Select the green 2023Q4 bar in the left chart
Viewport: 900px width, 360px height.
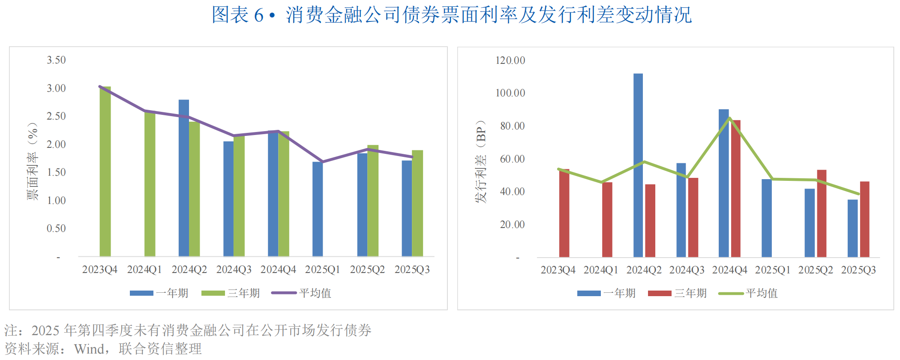point(105,171)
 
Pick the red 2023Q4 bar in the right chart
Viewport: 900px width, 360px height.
point(564,213)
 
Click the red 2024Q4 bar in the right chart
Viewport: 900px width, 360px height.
point(736,189)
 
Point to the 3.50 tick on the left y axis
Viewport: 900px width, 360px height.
point(56,60)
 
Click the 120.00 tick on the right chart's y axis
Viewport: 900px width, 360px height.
point(510,60)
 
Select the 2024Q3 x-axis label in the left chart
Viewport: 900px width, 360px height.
point(234,270)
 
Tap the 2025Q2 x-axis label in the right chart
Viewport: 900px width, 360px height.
point(816,270)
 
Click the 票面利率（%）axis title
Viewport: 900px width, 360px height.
point(33,161)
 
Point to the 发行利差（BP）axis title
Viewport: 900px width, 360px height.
point(481,161)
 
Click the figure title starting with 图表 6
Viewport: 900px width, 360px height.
point(452,15)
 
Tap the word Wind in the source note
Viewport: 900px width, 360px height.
point(89,349)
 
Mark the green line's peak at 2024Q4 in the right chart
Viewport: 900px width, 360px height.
point(729,118)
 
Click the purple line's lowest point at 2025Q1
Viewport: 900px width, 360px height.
point(322,162)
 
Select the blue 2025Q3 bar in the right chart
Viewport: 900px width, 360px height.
point(852,228)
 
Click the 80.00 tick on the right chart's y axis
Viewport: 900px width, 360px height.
point(512,126)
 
